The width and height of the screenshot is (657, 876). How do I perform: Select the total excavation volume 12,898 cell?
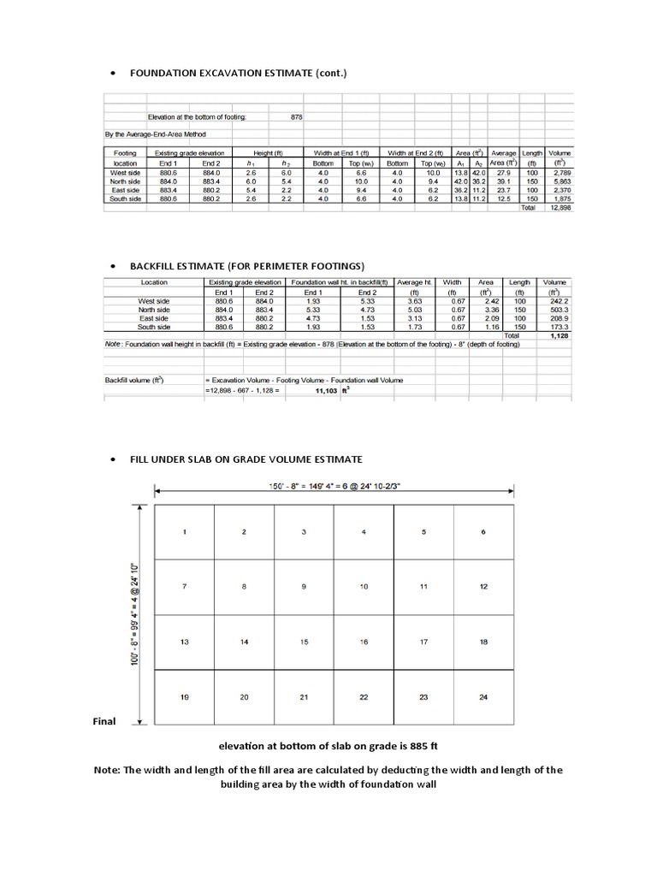(x=559, y=207)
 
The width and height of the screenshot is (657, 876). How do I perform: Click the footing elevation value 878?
(x=297, y=116)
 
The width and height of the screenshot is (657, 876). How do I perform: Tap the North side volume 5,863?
(x=560, y=181)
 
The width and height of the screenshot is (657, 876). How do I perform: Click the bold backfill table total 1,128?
(x=559, y=336)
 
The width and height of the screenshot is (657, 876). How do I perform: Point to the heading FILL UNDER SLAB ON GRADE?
(x=246, y=459)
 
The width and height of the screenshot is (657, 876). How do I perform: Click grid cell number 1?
(x=184, y=532)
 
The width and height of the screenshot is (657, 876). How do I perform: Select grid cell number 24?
(x=483, y=698)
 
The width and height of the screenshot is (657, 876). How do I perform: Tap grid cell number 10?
(x=364, y=587)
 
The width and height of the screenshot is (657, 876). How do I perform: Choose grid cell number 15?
(x=304, y=642)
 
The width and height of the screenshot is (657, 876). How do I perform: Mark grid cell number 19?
(x=184, y=698)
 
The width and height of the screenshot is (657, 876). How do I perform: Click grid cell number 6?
(x=483, y=532)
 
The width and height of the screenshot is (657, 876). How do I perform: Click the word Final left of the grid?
(x=104, y=721)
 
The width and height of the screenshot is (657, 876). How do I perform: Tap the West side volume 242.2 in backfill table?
(x=559, y=301)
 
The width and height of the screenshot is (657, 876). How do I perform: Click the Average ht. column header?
(x=413, y=281)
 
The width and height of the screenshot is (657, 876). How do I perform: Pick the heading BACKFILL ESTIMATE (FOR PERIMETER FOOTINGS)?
(x=247, y=265)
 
